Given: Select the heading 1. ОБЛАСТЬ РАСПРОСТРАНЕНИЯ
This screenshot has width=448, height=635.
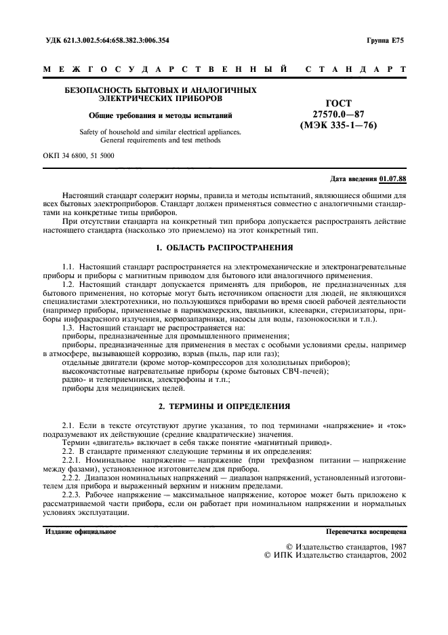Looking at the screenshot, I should tap(224, 248).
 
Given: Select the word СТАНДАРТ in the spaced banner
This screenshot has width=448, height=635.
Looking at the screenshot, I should tap(357, 69).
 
